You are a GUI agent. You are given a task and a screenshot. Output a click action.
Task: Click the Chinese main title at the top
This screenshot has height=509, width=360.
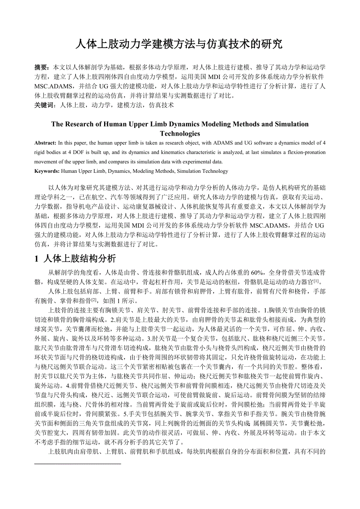click(x=179, y=44)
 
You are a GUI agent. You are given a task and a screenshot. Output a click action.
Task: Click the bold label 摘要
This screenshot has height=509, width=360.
click(x=42, y=67)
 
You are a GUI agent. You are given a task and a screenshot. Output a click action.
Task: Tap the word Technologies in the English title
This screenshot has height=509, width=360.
click(x=180, y=133)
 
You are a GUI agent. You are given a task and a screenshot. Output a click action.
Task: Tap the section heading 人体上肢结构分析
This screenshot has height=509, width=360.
click(x=80, y=258)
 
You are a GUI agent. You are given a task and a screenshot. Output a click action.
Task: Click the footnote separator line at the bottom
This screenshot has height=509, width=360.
click(x=78, y=463)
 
